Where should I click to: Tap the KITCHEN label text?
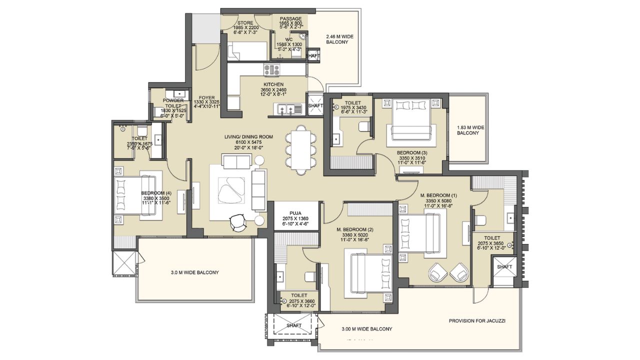pos(273,84)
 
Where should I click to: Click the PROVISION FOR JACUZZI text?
pos(476,321)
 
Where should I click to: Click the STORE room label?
pos(245,22)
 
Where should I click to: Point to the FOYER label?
pos(206,98)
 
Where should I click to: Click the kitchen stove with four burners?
pos(272,69)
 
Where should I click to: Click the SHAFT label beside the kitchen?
pos(315,106)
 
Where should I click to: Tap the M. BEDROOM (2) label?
pos(355,229)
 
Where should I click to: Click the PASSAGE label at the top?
pos(290,19)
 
